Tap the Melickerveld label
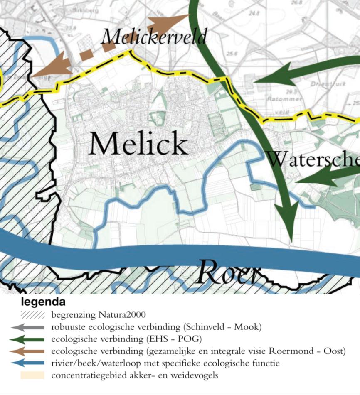(153, 37)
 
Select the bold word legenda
(43, 302)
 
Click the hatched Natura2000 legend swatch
(32, 315)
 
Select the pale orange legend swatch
(32, 375)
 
